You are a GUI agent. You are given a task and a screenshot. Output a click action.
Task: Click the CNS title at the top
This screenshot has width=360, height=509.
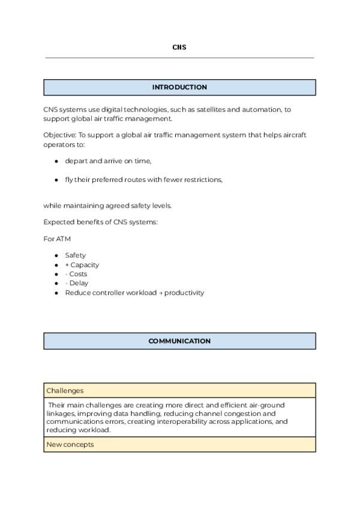coord(179,47)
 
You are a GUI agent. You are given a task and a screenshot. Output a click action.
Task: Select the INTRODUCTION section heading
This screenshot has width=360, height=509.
coord(179,88)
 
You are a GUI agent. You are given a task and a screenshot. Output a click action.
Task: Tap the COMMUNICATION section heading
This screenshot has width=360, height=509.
coord(179,342)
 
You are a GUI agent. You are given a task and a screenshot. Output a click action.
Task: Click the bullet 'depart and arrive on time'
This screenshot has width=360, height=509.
coord(108,161)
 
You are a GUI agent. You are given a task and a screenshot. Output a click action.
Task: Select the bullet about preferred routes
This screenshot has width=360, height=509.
coord(143,179)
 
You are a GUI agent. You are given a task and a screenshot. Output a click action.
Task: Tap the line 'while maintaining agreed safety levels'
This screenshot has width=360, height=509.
coord(107,205)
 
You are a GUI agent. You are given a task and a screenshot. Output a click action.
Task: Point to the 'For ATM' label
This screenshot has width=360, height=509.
coord(57,239)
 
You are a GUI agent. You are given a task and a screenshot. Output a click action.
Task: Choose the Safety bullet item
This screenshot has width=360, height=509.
coord(76,255)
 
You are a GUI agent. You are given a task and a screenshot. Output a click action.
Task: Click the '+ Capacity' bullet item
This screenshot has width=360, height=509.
coord(82,265)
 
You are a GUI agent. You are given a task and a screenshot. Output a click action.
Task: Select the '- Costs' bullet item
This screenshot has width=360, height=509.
coord(76,274)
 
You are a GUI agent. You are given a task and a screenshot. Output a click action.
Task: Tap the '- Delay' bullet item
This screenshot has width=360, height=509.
coord(77,283)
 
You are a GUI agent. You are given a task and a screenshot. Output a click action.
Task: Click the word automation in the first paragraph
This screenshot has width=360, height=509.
coord(262,110)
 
